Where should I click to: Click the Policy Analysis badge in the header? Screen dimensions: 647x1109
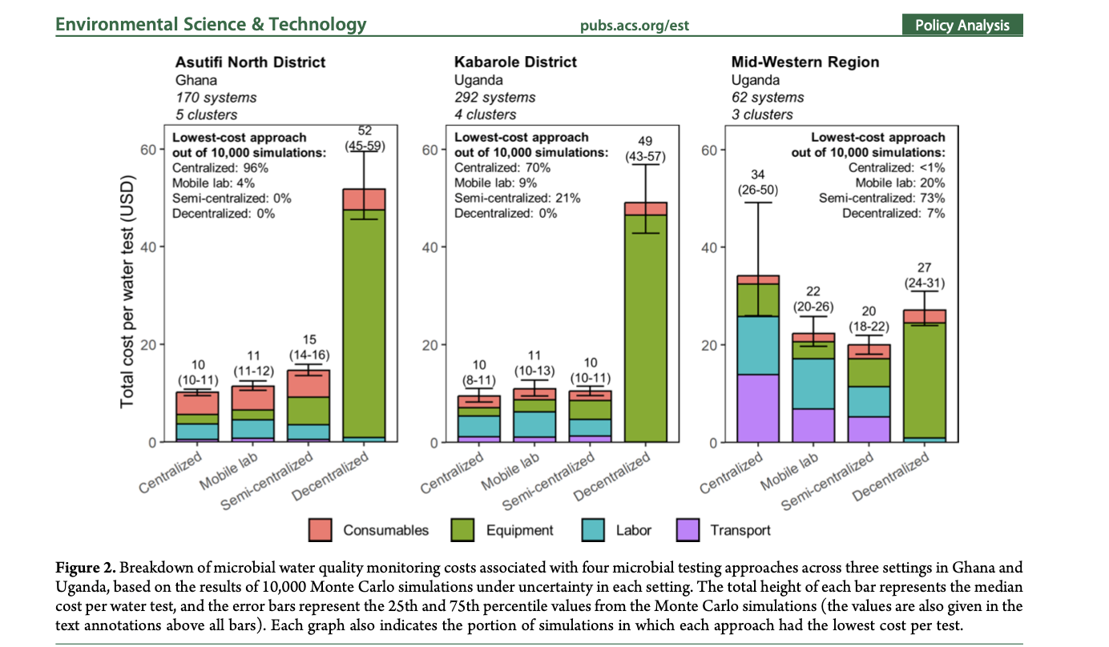pos(962,25)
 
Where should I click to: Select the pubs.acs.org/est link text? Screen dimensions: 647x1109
pos(634,26)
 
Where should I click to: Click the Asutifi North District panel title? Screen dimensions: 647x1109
pos(250,62)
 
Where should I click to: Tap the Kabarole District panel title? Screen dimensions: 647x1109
pos(515,62)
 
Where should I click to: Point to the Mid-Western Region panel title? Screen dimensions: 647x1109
pos(805,62)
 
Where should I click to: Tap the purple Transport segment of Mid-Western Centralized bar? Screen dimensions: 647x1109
pos(758,408)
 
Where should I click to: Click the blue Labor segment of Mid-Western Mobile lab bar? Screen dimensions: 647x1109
pos(813,384)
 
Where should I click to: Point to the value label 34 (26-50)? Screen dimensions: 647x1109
pos(758,183)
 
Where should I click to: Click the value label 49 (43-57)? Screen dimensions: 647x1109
pos(645,148)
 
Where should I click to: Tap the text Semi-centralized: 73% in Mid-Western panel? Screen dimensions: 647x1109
pos(881,198)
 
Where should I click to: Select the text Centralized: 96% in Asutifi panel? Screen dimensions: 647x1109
pos(220,168)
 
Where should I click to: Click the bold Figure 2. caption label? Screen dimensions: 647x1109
pos(87,568)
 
